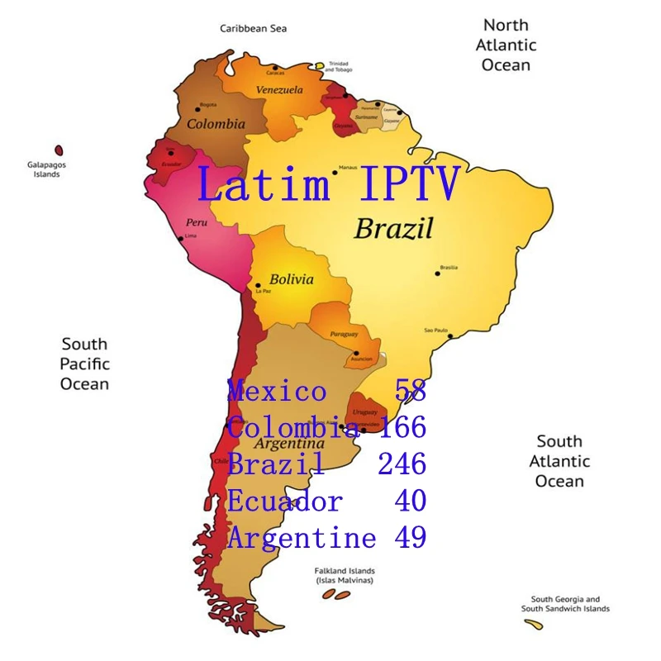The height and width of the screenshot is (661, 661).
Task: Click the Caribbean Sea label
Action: click(x=253, y=29)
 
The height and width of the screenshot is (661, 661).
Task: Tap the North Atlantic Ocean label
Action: click(x=505, y=45)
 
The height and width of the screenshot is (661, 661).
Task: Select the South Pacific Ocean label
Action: click(x=84, y=364)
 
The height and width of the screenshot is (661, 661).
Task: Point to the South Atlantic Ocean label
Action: click(x=559, y=461)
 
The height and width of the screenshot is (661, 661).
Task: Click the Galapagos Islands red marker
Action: click(x=59, y=150)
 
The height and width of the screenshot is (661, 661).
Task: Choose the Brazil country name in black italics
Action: click(x=393, y=229)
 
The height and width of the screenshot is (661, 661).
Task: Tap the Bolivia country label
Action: click(x=291, y=279)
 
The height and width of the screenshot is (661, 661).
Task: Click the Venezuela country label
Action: click(x=279, y=90)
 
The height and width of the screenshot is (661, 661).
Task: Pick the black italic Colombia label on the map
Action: click(x=216, y=124)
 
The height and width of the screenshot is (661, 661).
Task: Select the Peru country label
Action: click(x=196, y=222)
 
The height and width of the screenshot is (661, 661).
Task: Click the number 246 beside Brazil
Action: click(x=402, y=464)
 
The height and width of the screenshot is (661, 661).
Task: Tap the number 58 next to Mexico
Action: click(x=411, y=391)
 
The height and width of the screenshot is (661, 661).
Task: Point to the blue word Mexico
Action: click(x=277, y=391)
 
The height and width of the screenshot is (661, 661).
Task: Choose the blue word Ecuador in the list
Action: click(x=285, y=502)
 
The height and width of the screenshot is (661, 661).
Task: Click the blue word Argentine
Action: click(x=302, y=539)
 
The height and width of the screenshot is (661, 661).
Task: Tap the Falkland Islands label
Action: click(x=345, y=571)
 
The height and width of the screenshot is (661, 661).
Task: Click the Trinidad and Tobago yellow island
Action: click(x=319, y=65)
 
